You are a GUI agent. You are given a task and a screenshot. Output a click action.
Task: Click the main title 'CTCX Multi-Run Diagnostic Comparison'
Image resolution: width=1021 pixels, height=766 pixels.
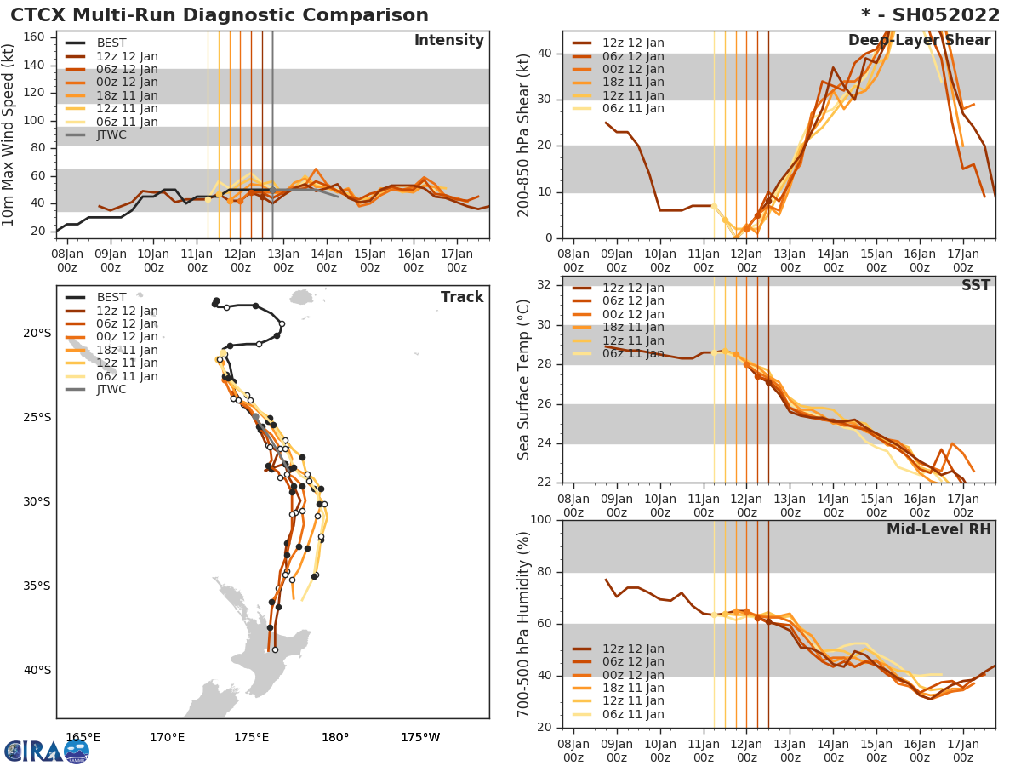pos(220,15)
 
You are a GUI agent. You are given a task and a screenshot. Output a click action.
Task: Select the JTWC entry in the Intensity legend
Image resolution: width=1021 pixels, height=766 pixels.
pos(111,134)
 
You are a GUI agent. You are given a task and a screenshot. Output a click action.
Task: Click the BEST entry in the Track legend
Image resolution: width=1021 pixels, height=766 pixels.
pos(111,297)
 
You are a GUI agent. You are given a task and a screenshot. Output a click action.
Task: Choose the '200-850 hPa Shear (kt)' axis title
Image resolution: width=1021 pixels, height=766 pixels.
pos(525,134)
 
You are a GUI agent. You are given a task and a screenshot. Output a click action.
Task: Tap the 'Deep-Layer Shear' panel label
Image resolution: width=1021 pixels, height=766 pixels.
pos(919,41)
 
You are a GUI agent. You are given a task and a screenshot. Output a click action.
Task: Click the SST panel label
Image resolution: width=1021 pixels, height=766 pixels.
pos(976,285)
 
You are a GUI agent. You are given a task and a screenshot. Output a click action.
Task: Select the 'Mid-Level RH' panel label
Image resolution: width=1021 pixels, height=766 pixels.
pos(938,529)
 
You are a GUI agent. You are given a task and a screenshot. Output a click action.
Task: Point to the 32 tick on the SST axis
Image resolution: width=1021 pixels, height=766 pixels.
pos(545,285)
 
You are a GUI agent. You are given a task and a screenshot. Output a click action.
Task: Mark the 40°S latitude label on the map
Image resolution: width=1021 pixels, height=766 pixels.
pos(37,670)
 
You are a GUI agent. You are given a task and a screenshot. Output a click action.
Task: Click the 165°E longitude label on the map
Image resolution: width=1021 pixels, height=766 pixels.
pos(83,737)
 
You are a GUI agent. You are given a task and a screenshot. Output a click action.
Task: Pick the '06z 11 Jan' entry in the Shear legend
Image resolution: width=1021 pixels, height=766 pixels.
pos(633,108)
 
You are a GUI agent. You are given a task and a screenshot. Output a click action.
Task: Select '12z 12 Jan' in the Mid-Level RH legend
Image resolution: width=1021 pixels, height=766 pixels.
pos(633,649)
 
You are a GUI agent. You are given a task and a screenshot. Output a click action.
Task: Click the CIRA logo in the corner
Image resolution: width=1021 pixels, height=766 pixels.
pos(46,751)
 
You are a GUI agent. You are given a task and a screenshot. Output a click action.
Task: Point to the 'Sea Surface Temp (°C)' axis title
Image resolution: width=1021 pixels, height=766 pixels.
pos(525,380)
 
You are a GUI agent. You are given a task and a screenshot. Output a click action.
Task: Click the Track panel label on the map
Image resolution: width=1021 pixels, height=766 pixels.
pos(461,297)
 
